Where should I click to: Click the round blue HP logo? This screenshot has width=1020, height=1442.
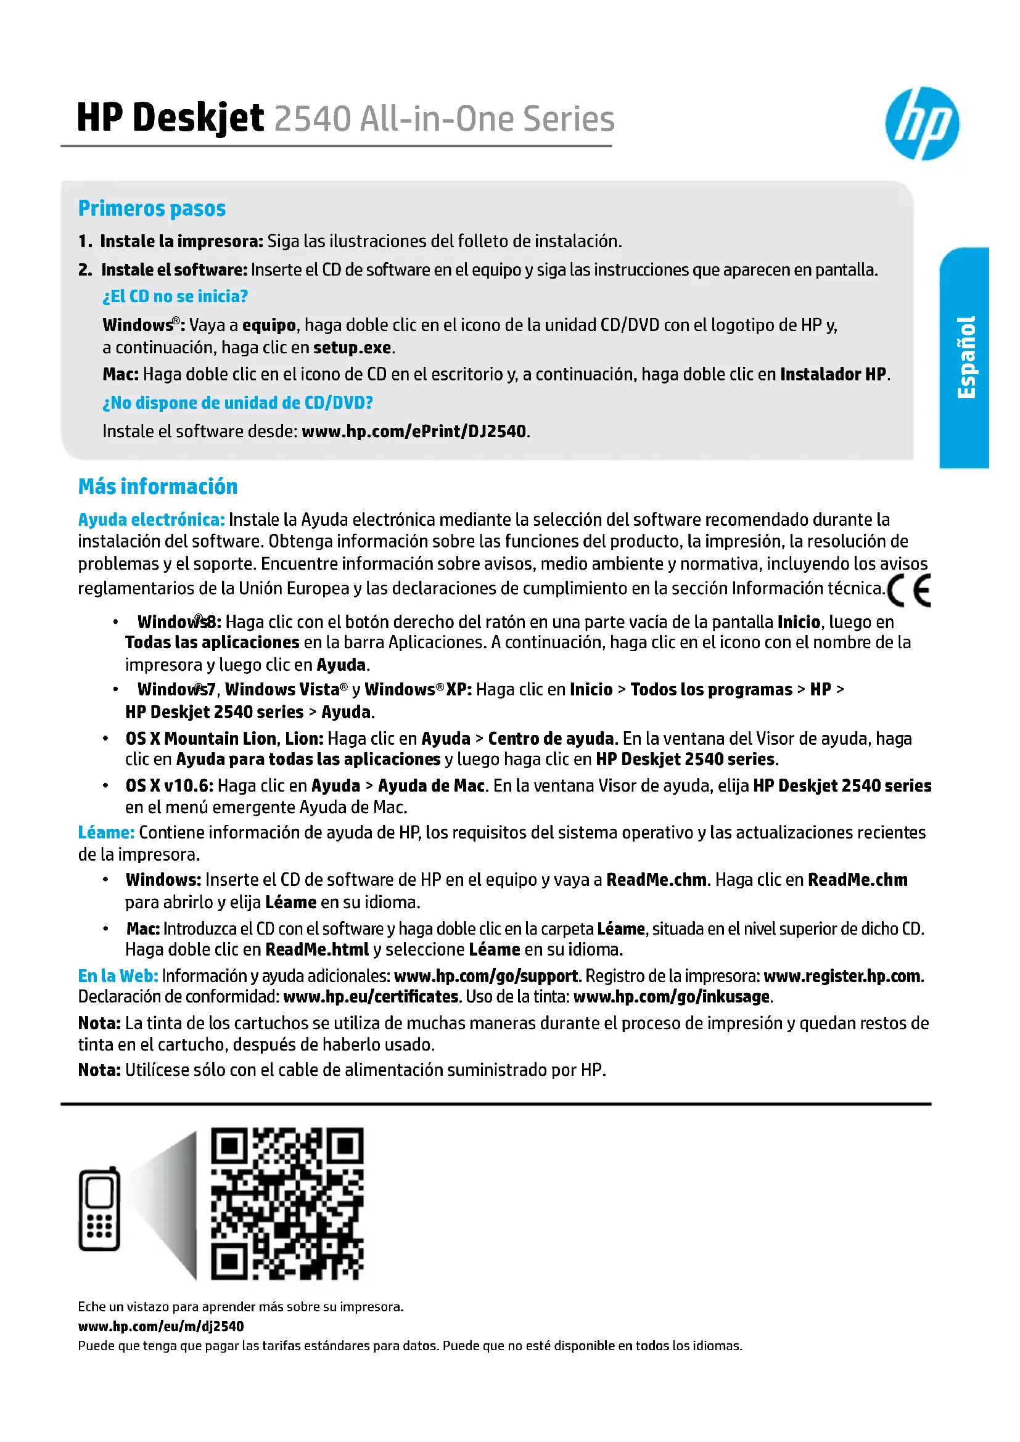point(921,123)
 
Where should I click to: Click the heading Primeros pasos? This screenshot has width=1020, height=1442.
point(152,208)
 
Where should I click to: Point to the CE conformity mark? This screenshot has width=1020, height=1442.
point(910,591)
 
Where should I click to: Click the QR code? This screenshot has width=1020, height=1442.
point(287,1203)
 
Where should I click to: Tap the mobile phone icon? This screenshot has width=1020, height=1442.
point(99,1209)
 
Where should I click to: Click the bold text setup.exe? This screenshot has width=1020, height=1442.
point(352,348)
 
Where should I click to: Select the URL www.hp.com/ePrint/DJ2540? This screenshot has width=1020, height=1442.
point(414,432)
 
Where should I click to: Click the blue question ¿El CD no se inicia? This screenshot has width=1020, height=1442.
point(175,297)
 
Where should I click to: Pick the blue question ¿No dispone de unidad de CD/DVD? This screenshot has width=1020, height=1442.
point(237,403)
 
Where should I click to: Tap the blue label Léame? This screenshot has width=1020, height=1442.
point(106,832)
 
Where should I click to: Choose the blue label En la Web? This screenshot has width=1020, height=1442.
point(118,975)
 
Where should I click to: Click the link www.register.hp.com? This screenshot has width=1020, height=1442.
point(842,976)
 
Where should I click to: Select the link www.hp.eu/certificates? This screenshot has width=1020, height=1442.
point(371,997)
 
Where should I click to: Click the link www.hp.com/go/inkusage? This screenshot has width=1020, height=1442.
point(672,997)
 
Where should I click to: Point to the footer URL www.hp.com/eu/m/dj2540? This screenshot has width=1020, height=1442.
point(161,1326)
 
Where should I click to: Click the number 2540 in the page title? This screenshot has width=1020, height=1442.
point(312,119)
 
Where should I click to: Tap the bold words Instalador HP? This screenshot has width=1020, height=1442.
point(833,374)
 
